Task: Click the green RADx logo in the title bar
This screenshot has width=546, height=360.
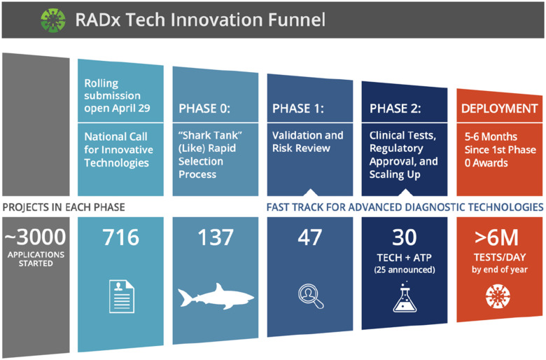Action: coord(53,20)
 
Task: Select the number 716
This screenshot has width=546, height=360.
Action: coord(120,237)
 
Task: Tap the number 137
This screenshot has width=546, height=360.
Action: coord(216,237)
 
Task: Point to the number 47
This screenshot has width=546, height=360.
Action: coord(310,237)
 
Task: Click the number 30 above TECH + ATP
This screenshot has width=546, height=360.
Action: coord(405,237)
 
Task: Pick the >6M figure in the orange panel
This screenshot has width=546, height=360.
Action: coord(496,237)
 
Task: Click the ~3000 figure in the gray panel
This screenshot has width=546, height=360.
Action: coord(35,237)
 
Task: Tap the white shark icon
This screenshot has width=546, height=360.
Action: coord(216,296)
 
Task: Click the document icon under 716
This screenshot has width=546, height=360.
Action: coord(122,296)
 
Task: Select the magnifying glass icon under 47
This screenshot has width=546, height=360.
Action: coord(311,296)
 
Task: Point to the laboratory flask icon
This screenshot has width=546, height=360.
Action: coord(405,297)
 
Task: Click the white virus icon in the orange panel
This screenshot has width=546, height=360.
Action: coord(498,296)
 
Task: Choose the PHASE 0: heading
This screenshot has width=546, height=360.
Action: coord(204,109)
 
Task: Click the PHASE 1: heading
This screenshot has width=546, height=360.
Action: coord(298,109)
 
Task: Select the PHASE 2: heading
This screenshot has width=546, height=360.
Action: coord(395,109)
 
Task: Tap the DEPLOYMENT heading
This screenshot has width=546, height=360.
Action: coord(500,109)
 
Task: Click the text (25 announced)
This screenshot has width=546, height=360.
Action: coord(405,270)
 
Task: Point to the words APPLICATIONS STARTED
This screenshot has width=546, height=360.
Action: coord(36,259)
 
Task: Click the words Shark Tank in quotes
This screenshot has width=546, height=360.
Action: coord(210,135)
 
